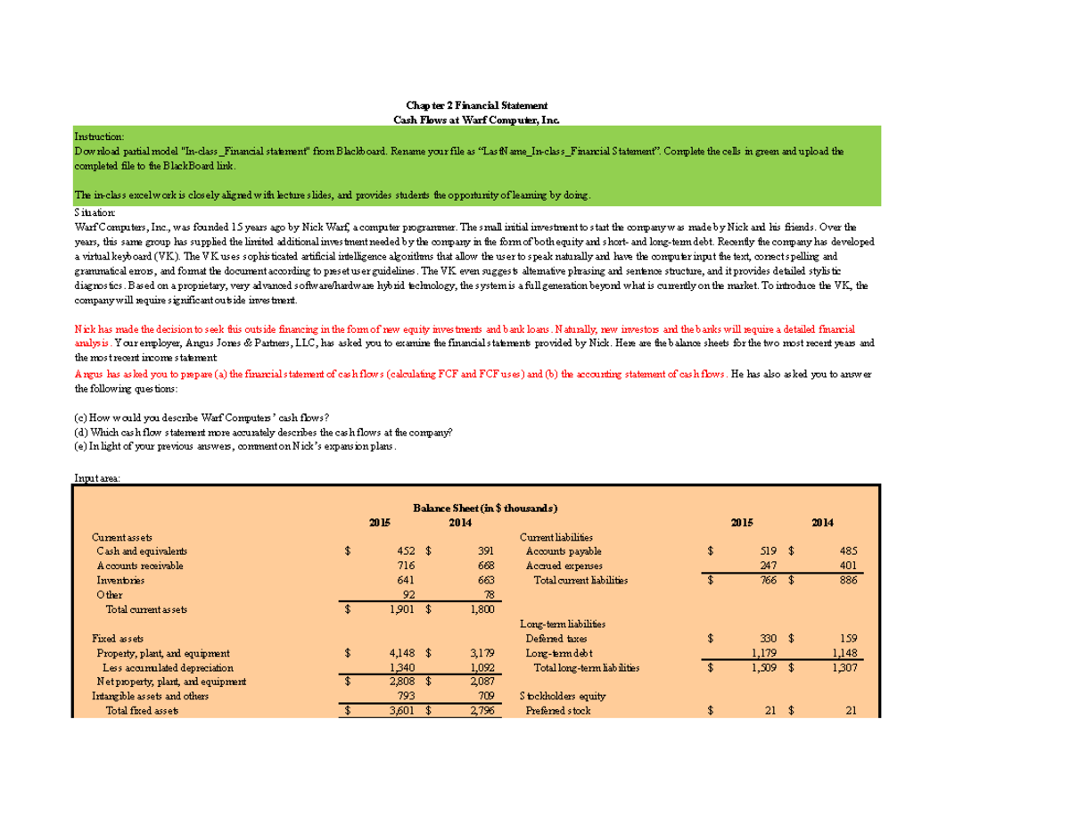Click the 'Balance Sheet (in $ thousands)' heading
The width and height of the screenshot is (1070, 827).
[x=485, y=508]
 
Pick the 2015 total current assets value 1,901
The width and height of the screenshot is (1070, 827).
[x=401, y=609]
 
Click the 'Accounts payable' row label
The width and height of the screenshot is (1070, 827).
[x=564, y=551]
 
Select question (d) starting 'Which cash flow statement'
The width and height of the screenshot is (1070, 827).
[x=263, y=432]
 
